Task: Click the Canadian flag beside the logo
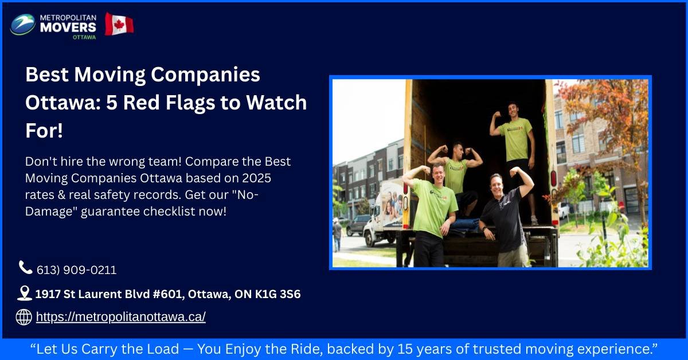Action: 119,25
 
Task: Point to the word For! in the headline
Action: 44,130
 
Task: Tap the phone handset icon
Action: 25,267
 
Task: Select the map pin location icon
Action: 24,294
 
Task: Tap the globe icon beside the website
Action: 24,316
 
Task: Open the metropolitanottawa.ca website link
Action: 120,317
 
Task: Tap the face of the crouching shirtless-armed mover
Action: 458,152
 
